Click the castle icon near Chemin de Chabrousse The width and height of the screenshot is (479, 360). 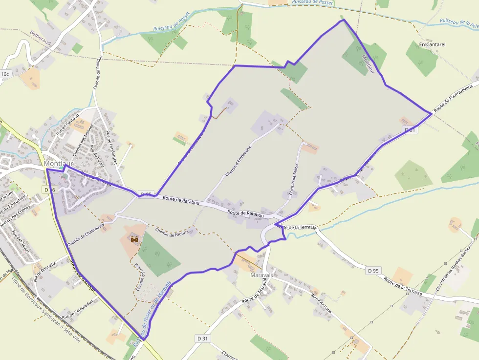[x=134, y=239]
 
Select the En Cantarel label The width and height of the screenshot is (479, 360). [x=432, y=44]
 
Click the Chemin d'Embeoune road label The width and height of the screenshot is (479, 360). [x=238, y=161]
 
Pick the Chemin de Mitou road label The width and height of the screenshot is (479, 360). [x=294, y=179]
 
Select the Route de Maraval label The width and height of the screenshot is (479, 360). [x=256, y=293]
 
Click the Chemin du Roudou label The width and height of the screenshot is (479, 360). [x=97, y=72]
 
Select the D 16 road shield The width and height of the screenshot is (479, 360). [x=48, y=190]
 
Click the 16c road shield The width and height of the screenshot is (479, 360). [x=5, y=74]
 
